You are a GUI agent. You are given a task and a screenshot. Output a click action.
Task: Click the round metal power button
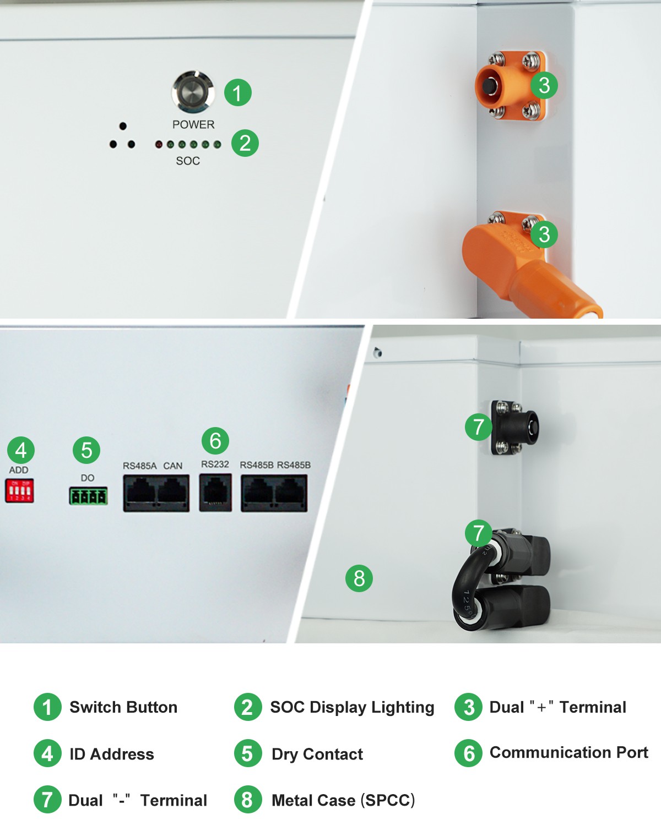193,92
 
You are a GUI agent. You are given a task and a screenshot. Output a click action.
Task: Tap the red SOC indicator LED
159,144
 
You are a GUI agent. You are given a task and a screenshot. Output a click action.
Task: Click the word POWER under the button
193,124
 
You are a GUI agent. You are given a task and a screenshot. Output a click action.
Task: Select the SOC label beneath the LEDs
188,161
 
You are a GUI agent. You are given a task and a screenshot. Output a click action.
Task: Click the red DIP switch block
19,490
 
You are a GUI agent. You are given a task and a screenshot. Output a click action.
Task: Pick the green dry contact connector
88,496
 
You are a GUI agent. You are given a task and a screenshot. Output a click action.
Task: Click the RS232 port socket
216,493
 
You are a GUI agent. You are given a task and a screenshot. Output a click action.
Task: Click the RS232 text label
215,464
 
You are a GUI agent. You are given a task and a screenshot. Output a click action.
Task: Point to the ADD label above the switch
19,470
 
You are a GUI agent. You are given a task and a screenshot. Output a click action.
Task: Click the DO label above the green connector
88,478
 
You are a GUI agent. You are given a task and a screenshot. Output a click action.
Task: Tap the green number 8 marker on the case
359,578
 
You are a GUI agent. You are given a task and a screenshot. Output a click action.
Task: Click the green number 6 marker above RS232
215,441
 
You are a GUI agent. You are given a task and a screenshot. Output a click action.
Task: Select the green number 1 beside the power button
238,92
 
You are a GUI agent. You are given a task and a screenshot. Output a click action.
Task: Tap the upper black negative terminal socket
518,428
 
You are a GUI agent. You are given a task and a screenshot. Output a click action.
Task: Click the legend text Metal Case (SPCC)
343,800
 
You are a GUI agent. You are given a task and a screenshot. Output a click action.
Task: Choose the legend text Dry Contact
317,754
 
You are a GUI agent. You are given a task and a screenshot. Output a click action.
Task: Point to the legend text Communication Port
568,752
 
